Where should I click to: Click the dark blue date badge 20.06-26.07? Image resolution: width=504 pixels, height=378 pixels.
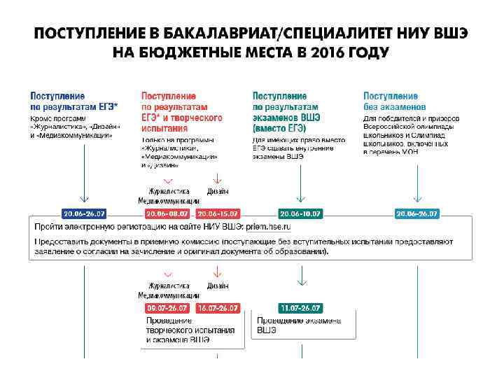84,213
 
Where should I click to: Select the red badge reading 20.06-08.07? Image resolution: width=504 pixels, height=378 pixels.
167,213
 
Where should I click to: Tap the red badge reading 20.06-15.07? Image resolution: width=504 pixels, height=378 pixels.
218,213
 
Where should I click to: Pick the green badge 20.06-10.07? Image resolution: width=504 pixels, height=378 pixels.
300,213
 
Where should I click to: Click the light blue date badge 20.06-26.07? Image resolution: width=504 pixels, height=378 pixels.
417,213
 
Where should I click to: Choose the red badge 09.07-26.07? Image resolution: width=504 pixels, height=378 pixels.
167,308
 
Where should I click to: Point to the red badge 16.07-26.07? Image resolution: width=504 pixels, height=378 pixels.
218,308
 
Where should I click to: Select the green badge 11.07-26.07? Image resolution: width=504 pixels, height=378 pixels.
300,308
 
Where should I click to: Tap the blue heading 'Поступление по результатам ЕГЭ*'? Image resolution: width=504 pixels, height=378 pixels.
73,101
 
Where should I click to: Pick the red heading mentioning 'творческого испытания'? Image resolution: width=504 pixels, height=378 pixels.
181,112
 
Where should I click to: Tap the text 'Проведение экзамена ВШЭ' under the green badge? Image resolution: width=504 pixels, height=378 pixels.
298,325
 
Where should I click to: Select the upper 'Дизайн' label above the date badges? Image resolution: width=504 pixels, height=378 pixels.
218,191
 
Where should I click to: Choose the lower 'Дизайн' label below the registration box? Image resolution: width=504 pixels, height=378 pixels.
218,286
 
